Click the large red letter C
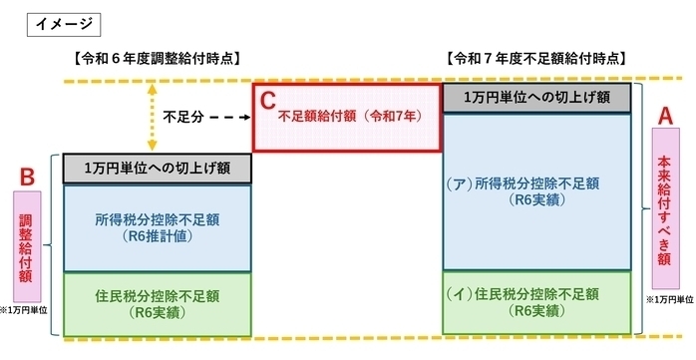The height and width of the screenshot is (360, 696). (267, 101)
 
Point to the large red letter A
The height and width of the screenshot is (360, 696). (663, 118)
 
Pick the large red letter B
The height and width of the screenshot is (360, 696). (28, 178)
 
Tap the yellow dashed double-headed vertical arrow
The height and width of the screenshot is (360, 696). (152, 115)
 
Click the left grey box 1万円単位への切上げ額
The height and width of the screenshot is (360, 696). (159, 168)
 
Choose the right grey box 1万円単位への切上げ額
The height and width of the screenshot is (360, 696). (536, 98)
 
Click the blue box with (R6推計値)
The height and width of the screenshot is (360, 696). (159, 226)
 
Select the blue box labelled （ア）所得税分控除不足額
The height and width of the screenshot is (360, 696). (536, 190)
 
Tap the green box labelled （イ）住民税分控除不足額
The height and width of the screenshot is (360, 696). (536, 302)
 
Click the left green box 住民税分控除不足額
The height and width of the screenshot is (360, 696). (159, 302)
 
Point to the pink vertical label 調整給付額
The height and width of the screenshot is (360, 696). (28, 245)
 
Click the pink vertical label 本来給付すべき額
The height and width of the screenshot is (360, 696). (663, 209)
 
